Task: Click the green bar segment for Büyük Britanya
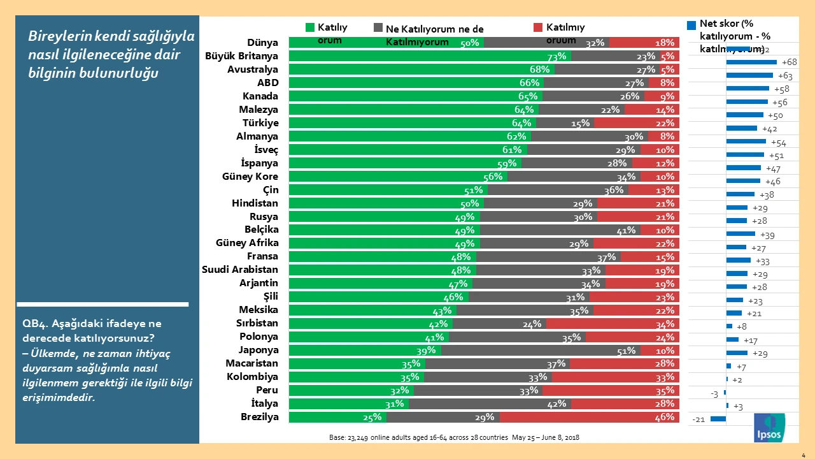click(x=430, y=56)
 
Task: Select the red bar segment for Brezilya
click(x=589, y=418)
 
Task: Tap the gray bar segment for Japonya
click(x=541, y=351)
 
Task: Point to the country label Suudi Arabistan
click(x=240, y=270)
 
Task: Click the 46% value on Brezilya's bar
click(x=664, y=418)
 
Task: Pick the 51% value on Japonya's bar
click(x=625, y=351)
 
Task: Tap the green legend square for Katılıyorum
click(x=310, y=27)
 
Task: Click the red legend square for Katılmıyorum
click(x=538, y=27)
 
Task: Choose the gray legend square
click(x=378, y=28)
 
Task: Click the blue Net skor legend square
click(x=691, y=25)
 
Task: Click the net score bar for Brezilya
click(x=718, y=419)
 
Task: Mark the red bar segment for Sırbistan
click(x=613, y=324)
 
